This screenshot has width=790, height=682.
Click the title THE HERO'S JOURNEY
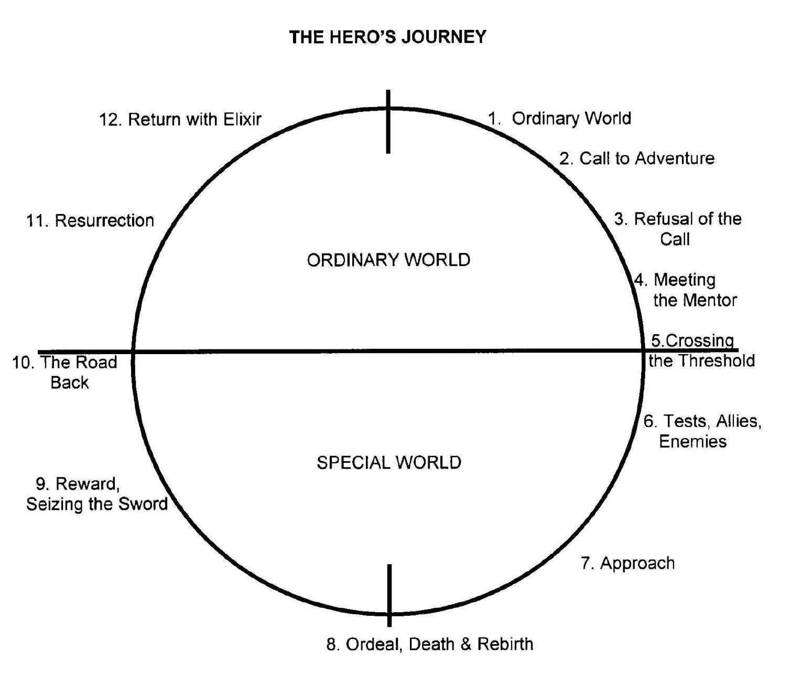pyautogui.click(x=388, y=37)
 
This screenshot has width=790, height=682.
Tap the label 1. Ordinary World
pyautogui.click(x=559, y=118)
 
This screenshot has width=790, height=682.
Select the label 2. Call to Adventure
pyautogui.click(x=636, y=158)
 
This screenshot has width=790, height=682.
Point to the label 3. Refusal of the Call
pyautogui.click(x=677, y=228)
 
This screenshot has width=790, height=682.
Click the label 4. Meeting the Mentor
pyautogui.click(x=685, y=290)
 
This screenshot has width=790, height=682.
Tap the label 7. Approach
pyautogui.click(x=627, y=563)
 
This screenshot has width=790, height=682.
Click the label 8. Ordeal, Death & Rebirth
pyautogui.click(x=429, y=644)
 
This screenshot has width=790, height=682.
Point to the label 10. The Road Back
pyautogui.click(x=65, y=372)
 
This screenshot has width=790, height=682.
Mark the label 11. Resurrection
pyautogui.click(x=90, y=220)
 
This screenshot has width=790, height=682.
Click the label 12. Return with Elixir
pyautogui.click(x=180, y=119)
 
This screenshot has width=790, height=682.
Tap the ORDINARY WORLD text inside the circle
pyautogui.click(x=388, y=260)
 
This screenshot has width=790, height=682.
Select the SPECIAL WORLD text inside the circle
pyautogui.click(x=388, y=462)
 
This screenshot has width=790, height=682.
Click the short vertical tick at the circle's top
pyautogui.click(x=388, y=122)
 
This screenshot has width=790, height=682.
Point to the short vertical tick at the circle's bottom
pyautogui.click(x=389, y=595)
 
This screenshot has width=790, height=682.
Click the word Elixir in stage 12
pyautogui.click(x=242, y=119)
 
